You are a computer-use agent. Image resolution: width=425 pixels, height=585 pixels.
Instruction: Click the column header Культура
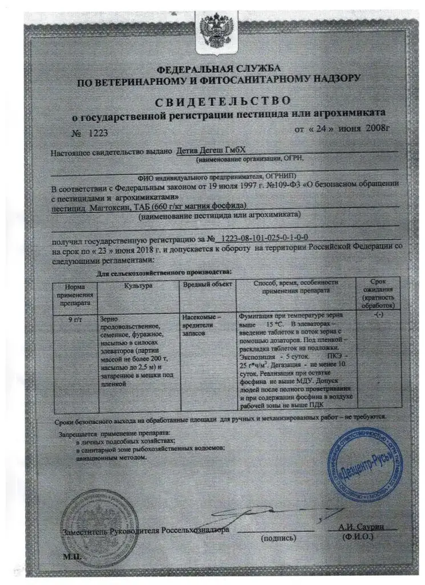136,284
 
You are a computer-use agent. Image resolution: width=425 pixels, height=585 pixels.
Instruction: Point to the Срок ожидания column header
378,292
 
